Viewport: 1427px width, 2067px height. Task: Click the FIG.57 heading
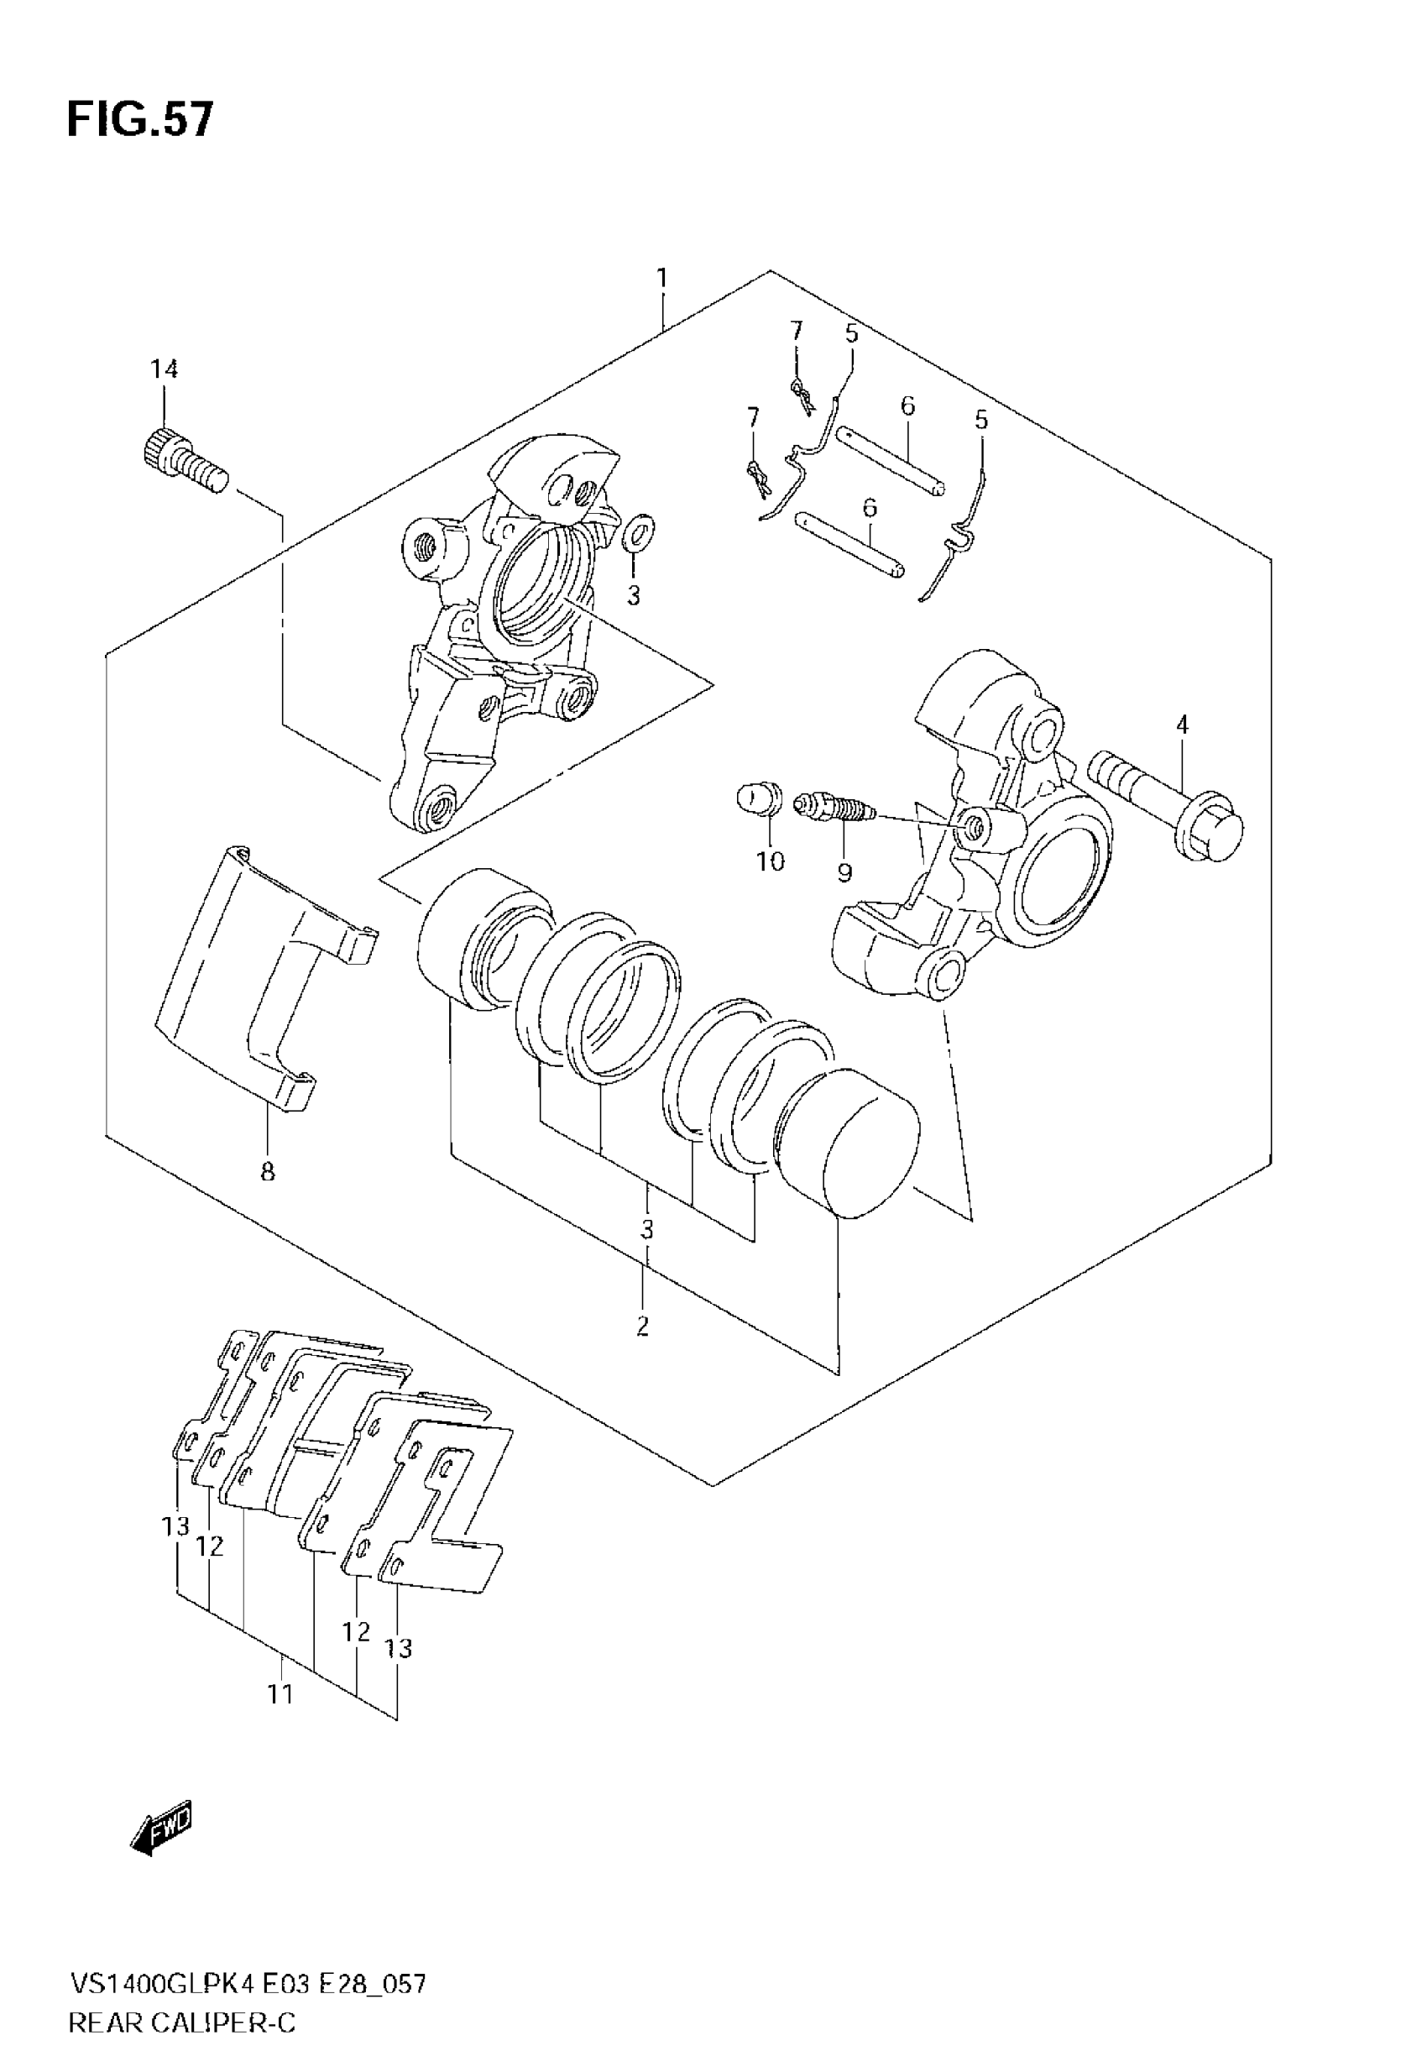(140, 120)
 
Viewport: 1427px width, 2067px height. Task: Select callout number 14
(164, 369)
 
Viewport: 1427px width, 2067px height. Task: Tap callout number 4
(1182, 725)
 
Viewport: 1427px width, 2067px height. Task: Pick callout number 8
(267, 1172)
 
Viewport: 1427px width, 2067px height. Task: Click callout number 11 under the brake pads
(280, 1694)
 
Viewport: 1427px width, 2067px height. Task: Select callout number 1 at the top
(661, 279)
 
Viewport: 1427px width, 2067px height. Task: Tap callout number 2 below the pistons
(643, 1326)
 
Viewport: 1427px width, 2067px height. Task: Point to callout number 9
(844, 871)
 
